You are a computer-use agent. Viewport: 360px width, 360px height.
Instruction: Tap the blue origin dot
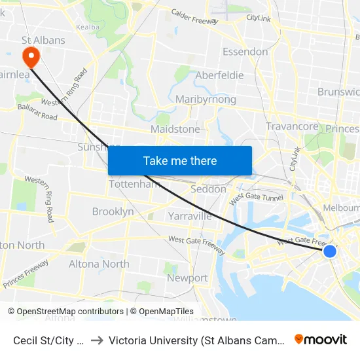click(x=330, y=251)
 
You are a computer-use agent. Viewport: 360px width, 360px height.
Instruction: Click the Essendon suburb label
click(x=245, y=52)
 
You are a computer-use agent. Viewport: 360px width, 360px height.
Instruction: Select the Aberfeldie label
click(x=219, y=75)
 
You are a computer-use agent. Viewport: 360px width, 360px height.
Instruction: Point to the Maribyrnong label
click(x=206, y=99)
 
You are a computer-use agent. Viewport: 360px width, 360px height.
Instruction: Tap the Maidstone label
click(x=175, y=130)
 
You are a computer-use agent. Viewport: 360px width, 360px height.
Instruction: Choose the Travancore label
click(x=292, y=126)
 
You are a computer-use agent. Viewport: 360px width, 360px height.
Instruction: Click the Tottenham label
click(x=134, y=184)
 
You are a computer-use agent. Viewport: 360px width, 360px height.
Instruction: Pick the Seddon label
click(x=208, y=189)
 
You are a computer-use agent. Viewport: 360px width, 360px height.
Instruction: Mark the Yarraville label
click(x=190, y=215)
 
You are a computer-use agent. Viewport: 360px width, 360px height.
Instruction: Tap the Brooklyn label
click(x=113, y=211)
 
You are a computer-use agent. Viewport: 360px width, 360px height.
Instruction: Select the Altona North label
click(x=99, y=264)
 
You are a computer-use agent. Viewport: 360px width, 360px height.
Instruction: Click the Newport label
click(x=187, y=278)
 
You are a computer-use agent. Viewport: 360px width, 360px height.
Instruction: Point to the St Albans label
click(x=43, y=40)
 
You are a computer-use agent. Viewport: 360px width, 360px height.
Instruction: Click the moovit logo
click(x=321, y=340)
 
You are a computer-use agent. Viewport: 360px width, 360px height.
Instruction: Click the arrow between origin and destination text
click(x=97, y=340)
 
